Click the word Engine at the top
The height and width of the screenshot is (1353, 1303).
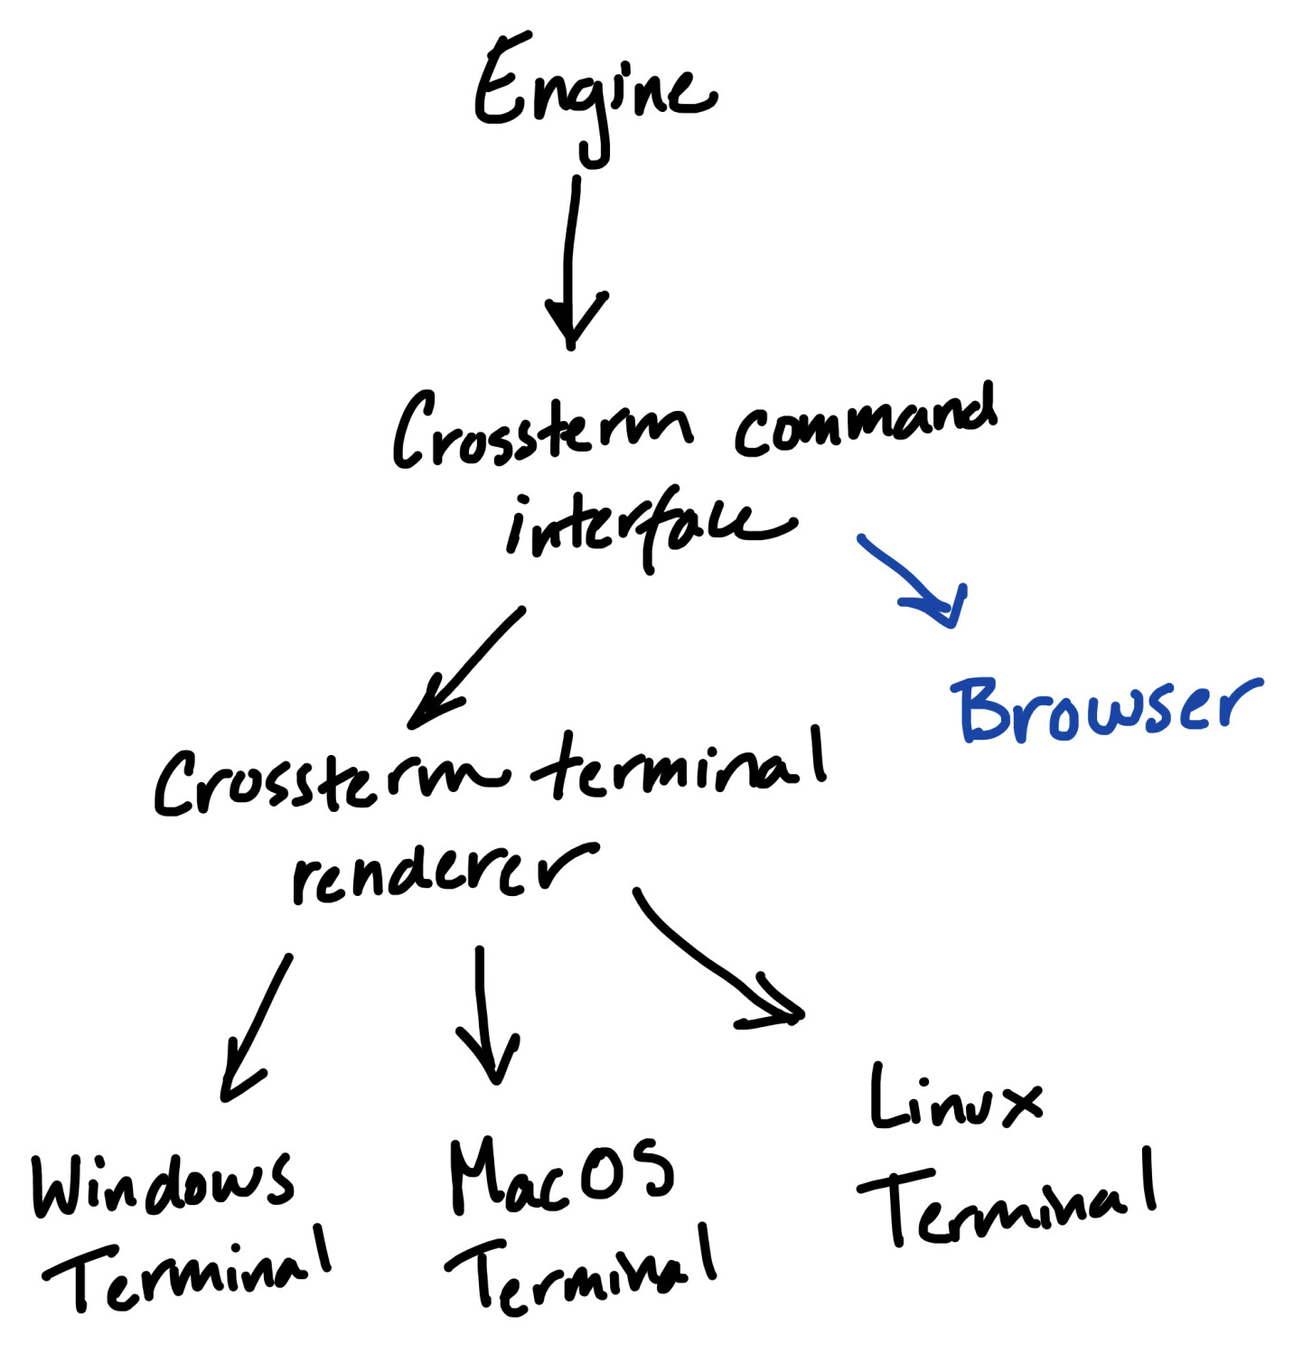tap(592, 90)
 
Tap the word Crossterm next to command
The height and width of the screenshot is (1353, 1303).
tap(542, 432)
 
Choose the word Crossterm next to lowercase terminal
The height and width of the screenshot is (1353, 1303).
tap(330, 782)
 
